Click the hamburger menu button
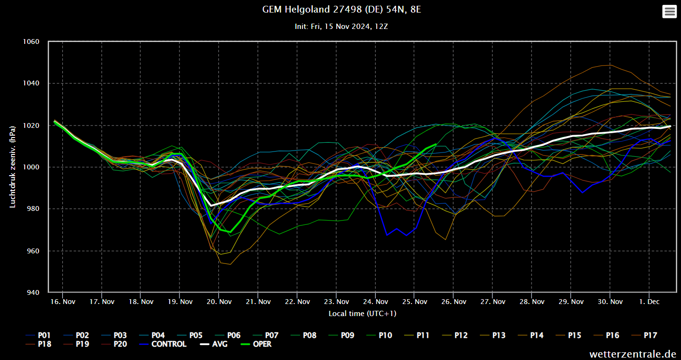click(x=669, y=12)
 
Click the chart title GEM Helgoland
click(x=341, y=10)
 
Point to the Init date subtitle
click(x=341, y=27)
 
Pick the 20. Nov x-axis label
click(x=219, y=302)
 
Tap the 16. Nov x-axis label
click(x=63, y=302)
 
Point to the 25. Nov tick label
click(x=414, y=302)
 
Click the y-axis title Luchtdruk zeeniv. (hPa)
click(x=13, y=167)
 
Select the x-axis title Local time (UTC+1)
click(x=362, y=314)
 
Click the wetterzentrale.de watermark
click(x=633, y=354)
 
